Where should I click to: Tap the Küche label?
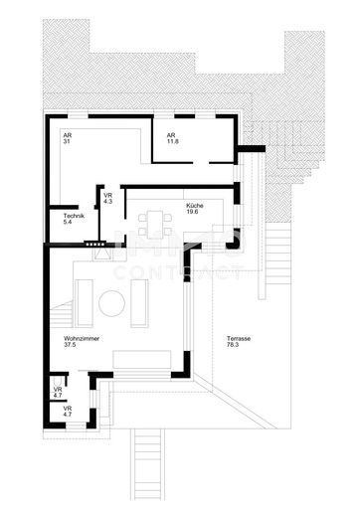[x=193, y=206]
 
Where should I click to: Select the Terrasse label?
[x=238, y=338]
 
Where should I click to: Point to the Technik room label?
[x=74, y=217]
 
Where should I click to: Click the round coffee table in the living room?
[x=112, y=301]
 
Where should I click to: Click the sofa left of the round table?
[x=85, y=300]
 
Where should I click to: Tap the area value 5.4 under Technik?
[x=68, y=224]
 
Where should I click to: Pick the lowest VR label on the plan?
[x=67, y=409]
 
